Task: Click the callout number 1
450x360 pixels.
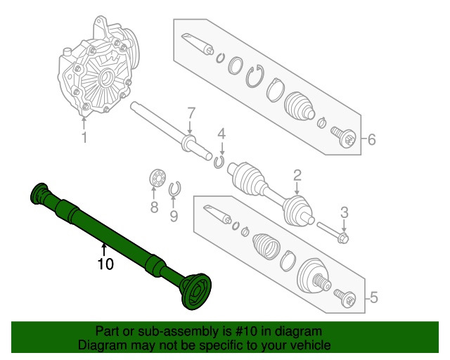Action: tap(84, 138)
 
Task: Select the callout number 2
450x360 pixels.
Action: tap(297, 175)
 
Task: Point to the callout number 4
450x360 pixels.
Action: tap(221, 134)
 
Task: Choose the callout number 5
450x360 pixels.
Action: tap(373, 298)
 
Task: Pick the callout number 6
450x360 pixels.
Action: tap(371, 139)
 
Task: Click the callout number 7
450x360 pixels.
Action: tap(189, 113)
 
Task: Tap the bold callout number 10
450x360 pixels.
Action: tap(105, 264)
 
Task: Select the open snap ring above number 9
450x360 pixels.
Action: tap(176, 188)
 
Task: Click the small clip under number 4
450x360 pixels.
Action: tap(219, 163)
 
